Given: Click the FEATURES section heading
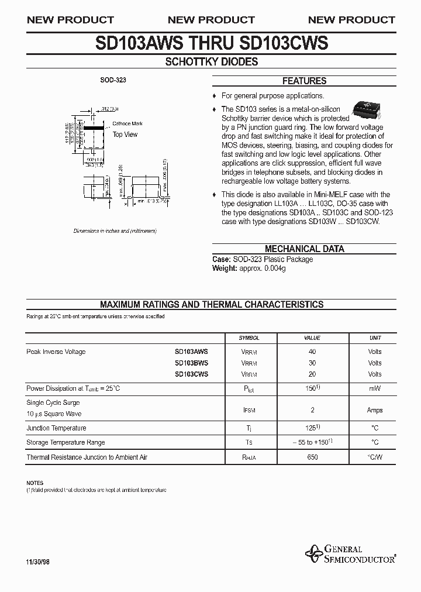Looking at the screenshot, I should coord(304,81).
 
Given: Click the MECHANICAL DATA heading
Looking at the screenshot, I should coord(304,249).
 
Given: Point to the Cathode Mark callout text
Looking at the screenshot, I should coord(127,124).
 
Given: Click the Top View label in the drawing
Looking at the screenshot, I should coord(125,135).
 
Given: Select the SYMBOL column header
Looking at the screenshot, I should coord(249,338).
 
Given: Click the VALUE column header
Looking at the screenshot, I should coord(312,338).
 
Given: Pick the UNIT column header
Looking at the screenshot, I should coord(375,338).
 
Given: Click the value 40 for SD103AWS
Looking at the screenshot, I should coord(312,352).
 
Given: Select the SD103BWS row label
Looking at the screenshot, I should coord(191,363).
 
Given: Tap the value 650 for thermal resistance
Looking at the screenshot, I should coord(312,457).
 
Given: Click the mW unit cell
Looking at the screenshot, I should coord(375,388).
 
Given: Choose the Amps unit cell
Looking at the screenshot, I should coord(375,410).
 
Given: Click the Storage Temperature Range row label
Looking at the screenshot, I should coord(65,443).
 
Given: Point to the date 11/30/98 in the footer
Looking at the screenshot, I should coord(38,561).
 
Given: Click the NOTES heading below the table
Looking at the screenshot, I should coord(35,483).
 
